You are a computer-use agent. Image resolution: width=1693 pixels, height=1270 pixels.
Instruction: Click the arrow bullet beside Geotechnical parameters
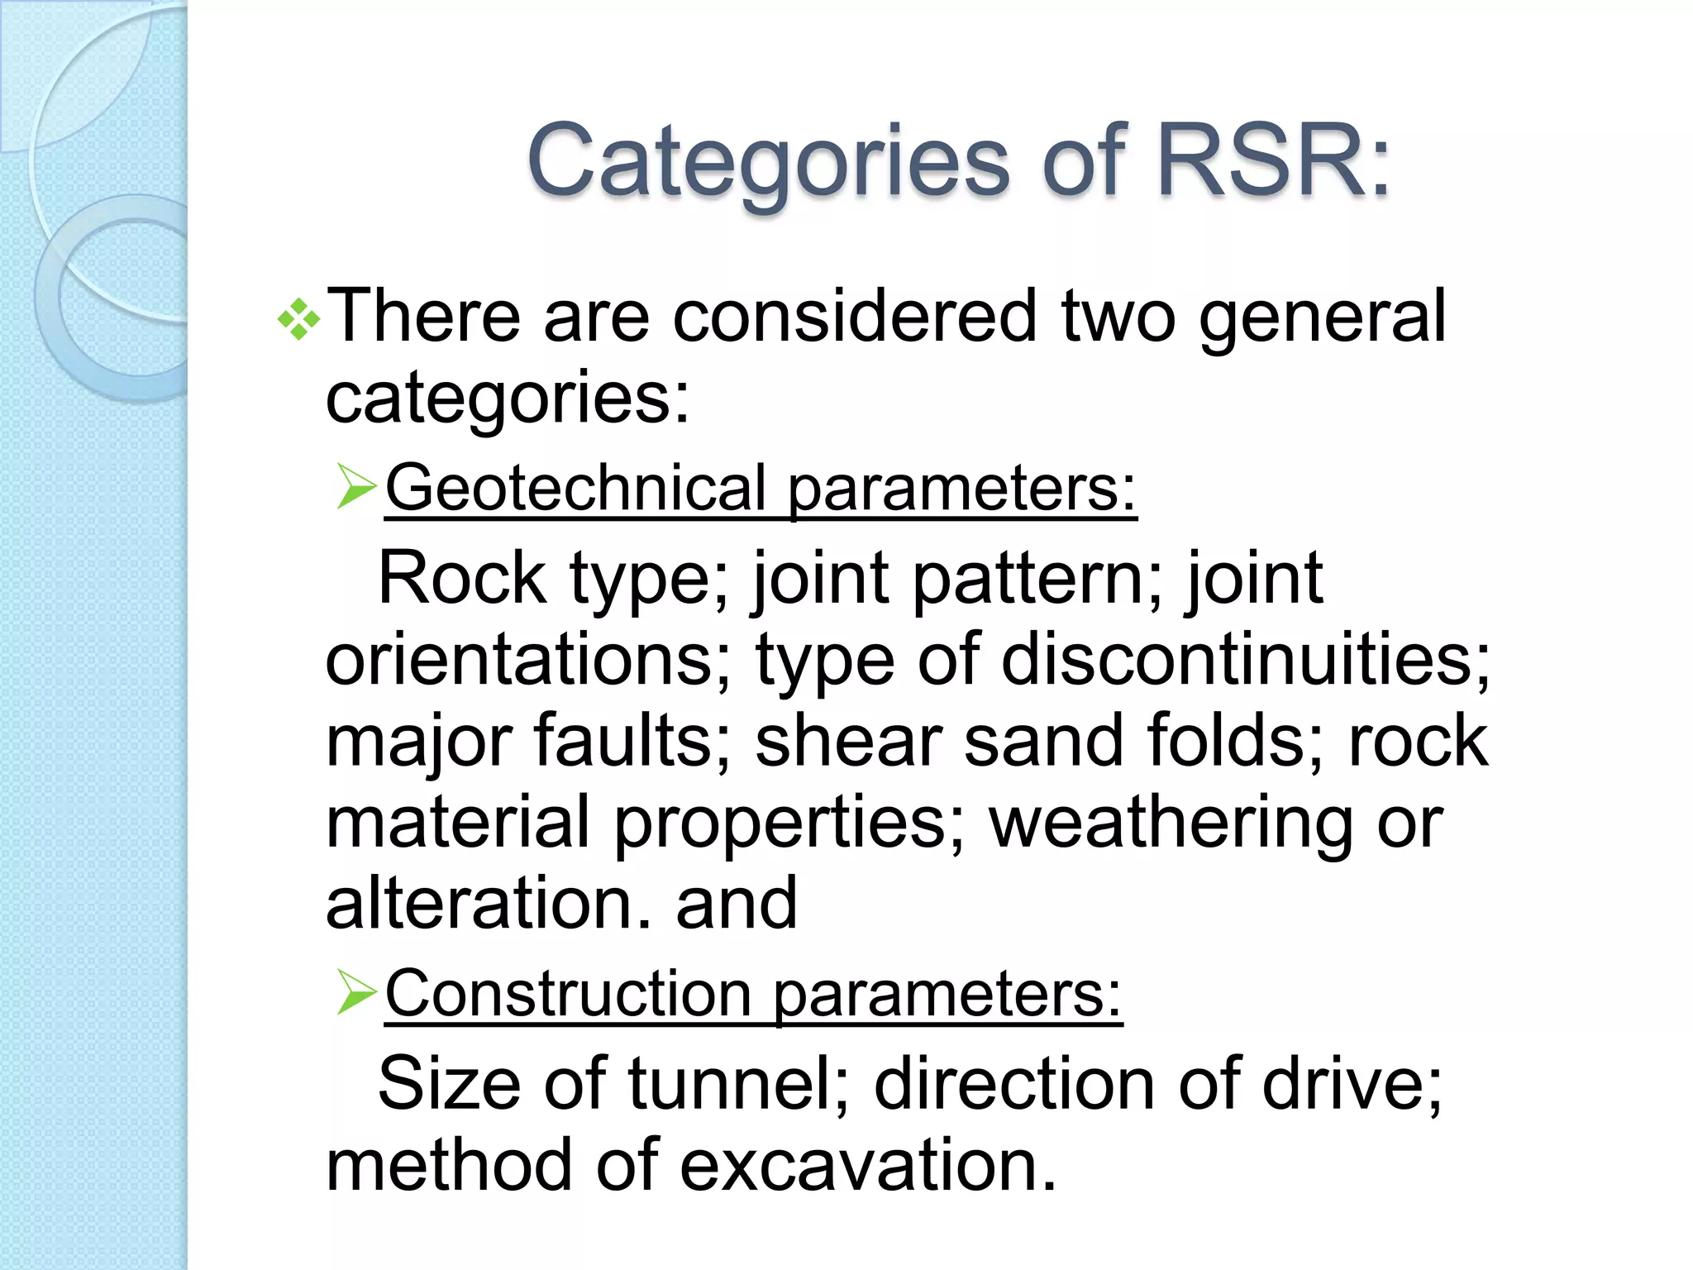356,486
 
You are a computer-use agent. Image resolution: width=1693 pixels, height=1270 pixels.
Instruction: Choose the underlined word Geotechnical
576,488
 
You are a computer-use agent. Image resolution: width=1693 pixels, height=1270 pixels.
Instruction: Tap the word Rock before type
461,578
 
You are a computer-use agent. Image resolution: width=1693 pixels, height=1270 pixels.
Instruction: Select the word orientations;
528,661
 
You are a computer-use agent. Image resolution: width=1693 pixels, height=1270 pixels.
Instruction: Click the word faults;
632,741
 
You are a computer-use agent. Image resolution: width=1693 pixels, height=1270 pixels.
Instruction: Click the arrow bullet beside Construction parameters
356,992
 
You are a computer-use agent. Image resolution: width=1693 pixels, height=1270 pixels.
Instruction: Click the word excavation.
867,1165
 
